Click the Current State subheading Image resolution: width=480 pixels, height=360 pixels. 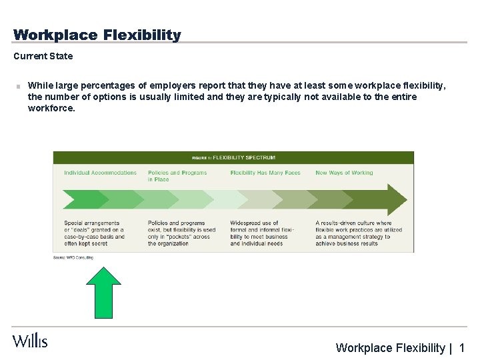click(43, 56)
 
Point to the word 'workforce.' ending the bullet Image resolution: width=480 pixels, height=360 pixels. click(51, 108)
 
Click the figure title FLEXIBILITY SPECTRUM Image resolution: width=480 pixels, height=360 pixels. click(244, 158)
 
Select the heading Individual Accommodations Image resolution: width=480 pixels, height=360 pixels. click(100, 173)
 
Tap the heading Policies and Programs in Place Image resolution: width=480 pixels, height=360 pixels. click(177, 175)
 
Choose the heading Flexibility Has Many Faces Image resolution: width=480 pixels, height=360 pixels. click(265, 173)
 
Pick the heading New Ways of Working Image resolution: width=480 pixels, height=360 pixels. click(344, 173)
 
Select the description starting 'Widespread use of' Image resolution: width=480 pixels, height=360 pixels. click(263, 233)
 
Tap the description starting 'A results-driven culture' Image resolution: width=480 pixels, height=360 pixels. click(358, 233)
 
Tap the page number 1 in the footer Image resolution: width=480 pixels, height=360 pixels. click(462, 347)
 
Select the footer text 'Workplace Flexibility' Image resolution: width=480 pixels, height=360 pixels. click(390, 347)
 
